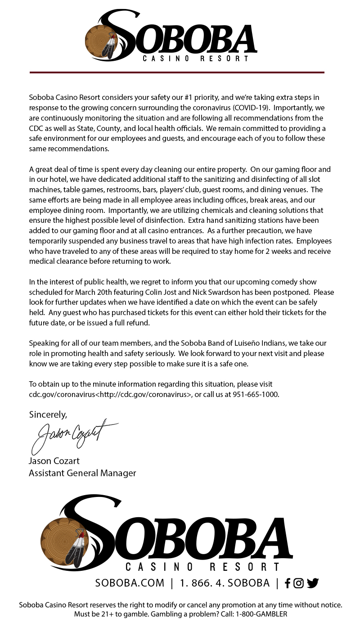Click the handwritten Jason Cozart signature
click(x=72, y=434)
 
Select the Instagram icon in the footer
click(x=298, y=583)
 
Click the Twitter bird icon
click(x=313, y=583)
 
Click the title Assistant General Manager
click(x=82, y=473)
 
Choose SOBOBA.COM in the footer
click(x=130, y=583)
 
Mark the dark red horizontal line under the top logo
click(x=177, y=72)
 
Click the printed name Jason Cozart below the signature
click(x=54, y=461)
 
